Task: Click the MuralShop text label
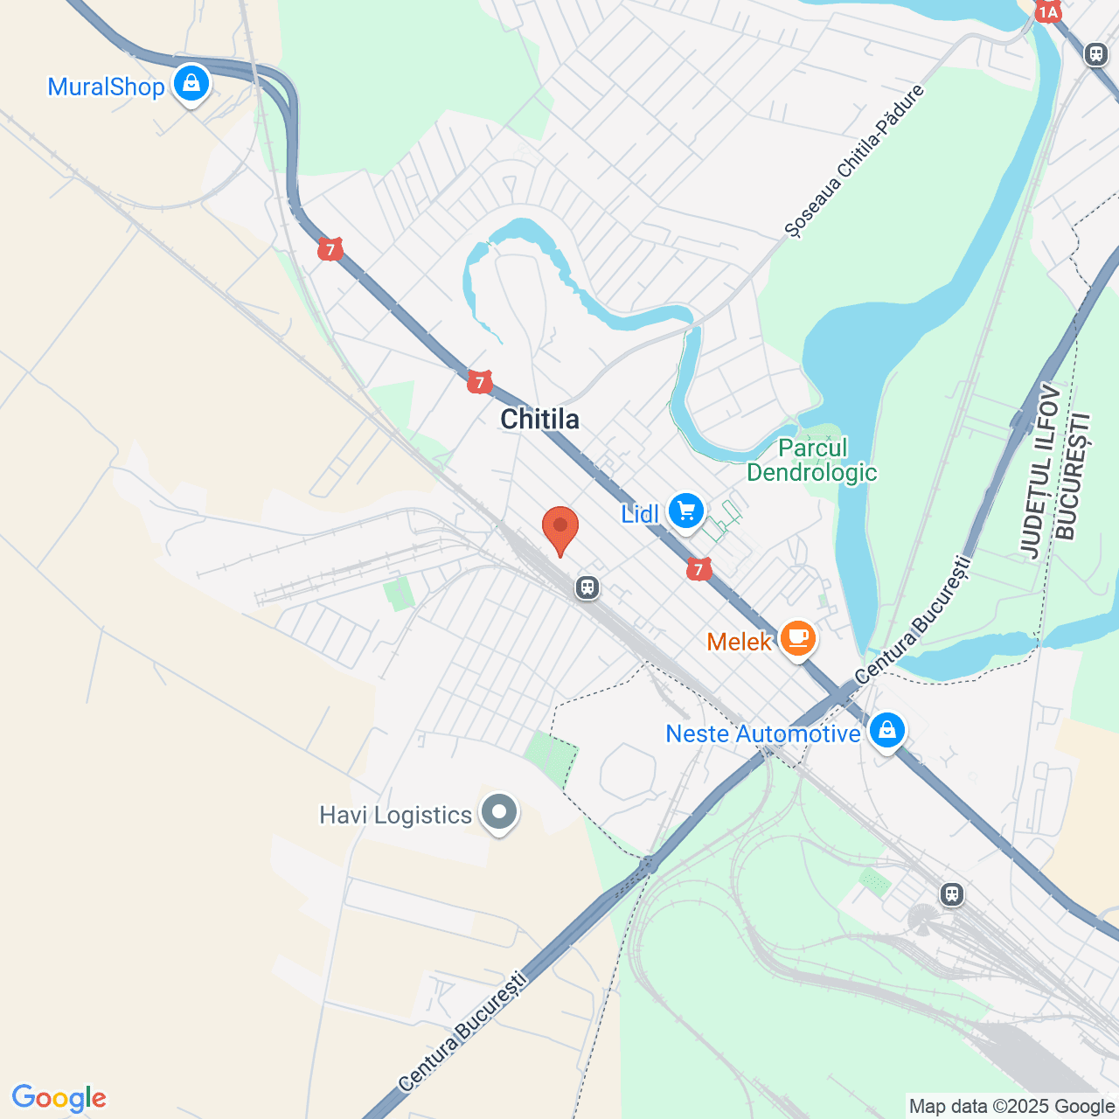point(106,87)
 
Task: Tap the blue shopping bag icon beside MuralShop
point(191,84)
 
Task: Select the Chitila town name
point(539,420)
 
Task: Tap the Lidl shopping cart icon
point(686,511)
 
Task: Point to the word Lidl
point(639,514)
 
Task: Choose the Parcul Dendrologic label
point(811,461)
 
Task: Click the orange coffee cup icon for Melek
point(797,639)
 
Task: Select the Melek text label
point(739,643)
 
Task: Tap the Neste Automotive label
point(762,733)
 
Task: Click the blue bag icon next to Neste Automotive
point(887,730)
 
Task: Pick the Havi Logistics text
point(395,816)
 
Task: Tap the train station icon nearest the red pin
point(587,587)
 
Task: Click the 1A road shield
point(1047,10)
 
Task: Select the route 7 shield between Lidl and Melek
point(698,570)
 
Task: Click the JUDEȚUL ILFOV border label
point(1039,473)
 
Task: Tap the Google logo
point(59,1098)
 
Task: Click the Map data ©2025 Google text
point(1011,1107)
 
